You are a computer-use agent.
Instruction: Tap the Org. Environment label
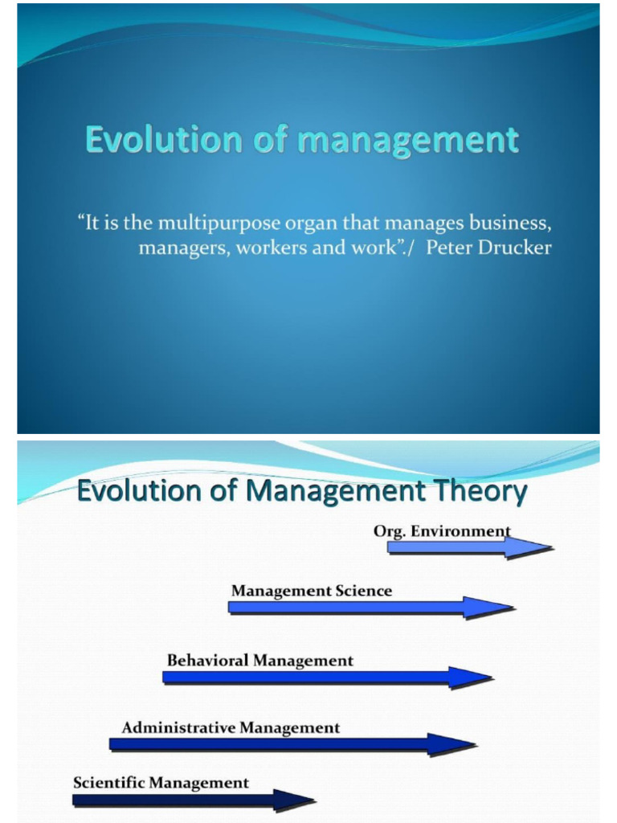pyautogui.click(x=442, y=531)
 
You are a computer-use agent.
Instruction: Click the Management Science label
pyautogui.click(x=312, y=591)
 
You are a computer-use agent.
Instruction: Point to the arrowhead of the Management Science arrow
pyautogui.click(x=488, y=607)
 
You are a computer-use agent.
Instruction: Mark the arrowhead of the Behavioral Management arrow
pyautogui.click(x=471, y=677)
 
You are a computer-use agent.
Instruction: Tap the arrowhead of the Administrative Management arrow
pyautogui.click(x=452, y=744)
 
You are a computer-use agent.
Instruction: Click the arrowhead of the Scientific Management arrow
pyautogui.click(x=292, y=800)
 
